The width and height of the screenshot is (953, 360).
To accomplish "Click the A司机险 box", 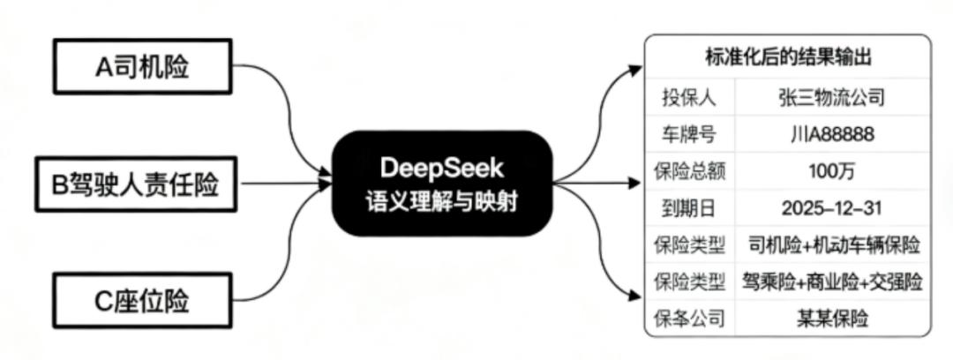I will (x=141, y=66).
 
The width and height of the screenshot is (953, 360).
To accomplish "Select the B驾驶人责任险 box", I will (x=141, y=185).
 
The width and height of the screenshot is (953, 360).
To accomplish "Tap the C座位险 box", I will (x=141, y=301).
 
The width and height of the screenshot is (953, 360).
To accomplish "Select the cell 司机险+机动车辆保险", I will (x=833, y=244).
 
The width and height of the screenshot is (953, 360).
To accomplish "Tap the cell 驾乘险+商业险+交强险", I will (x=833, y=281).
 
